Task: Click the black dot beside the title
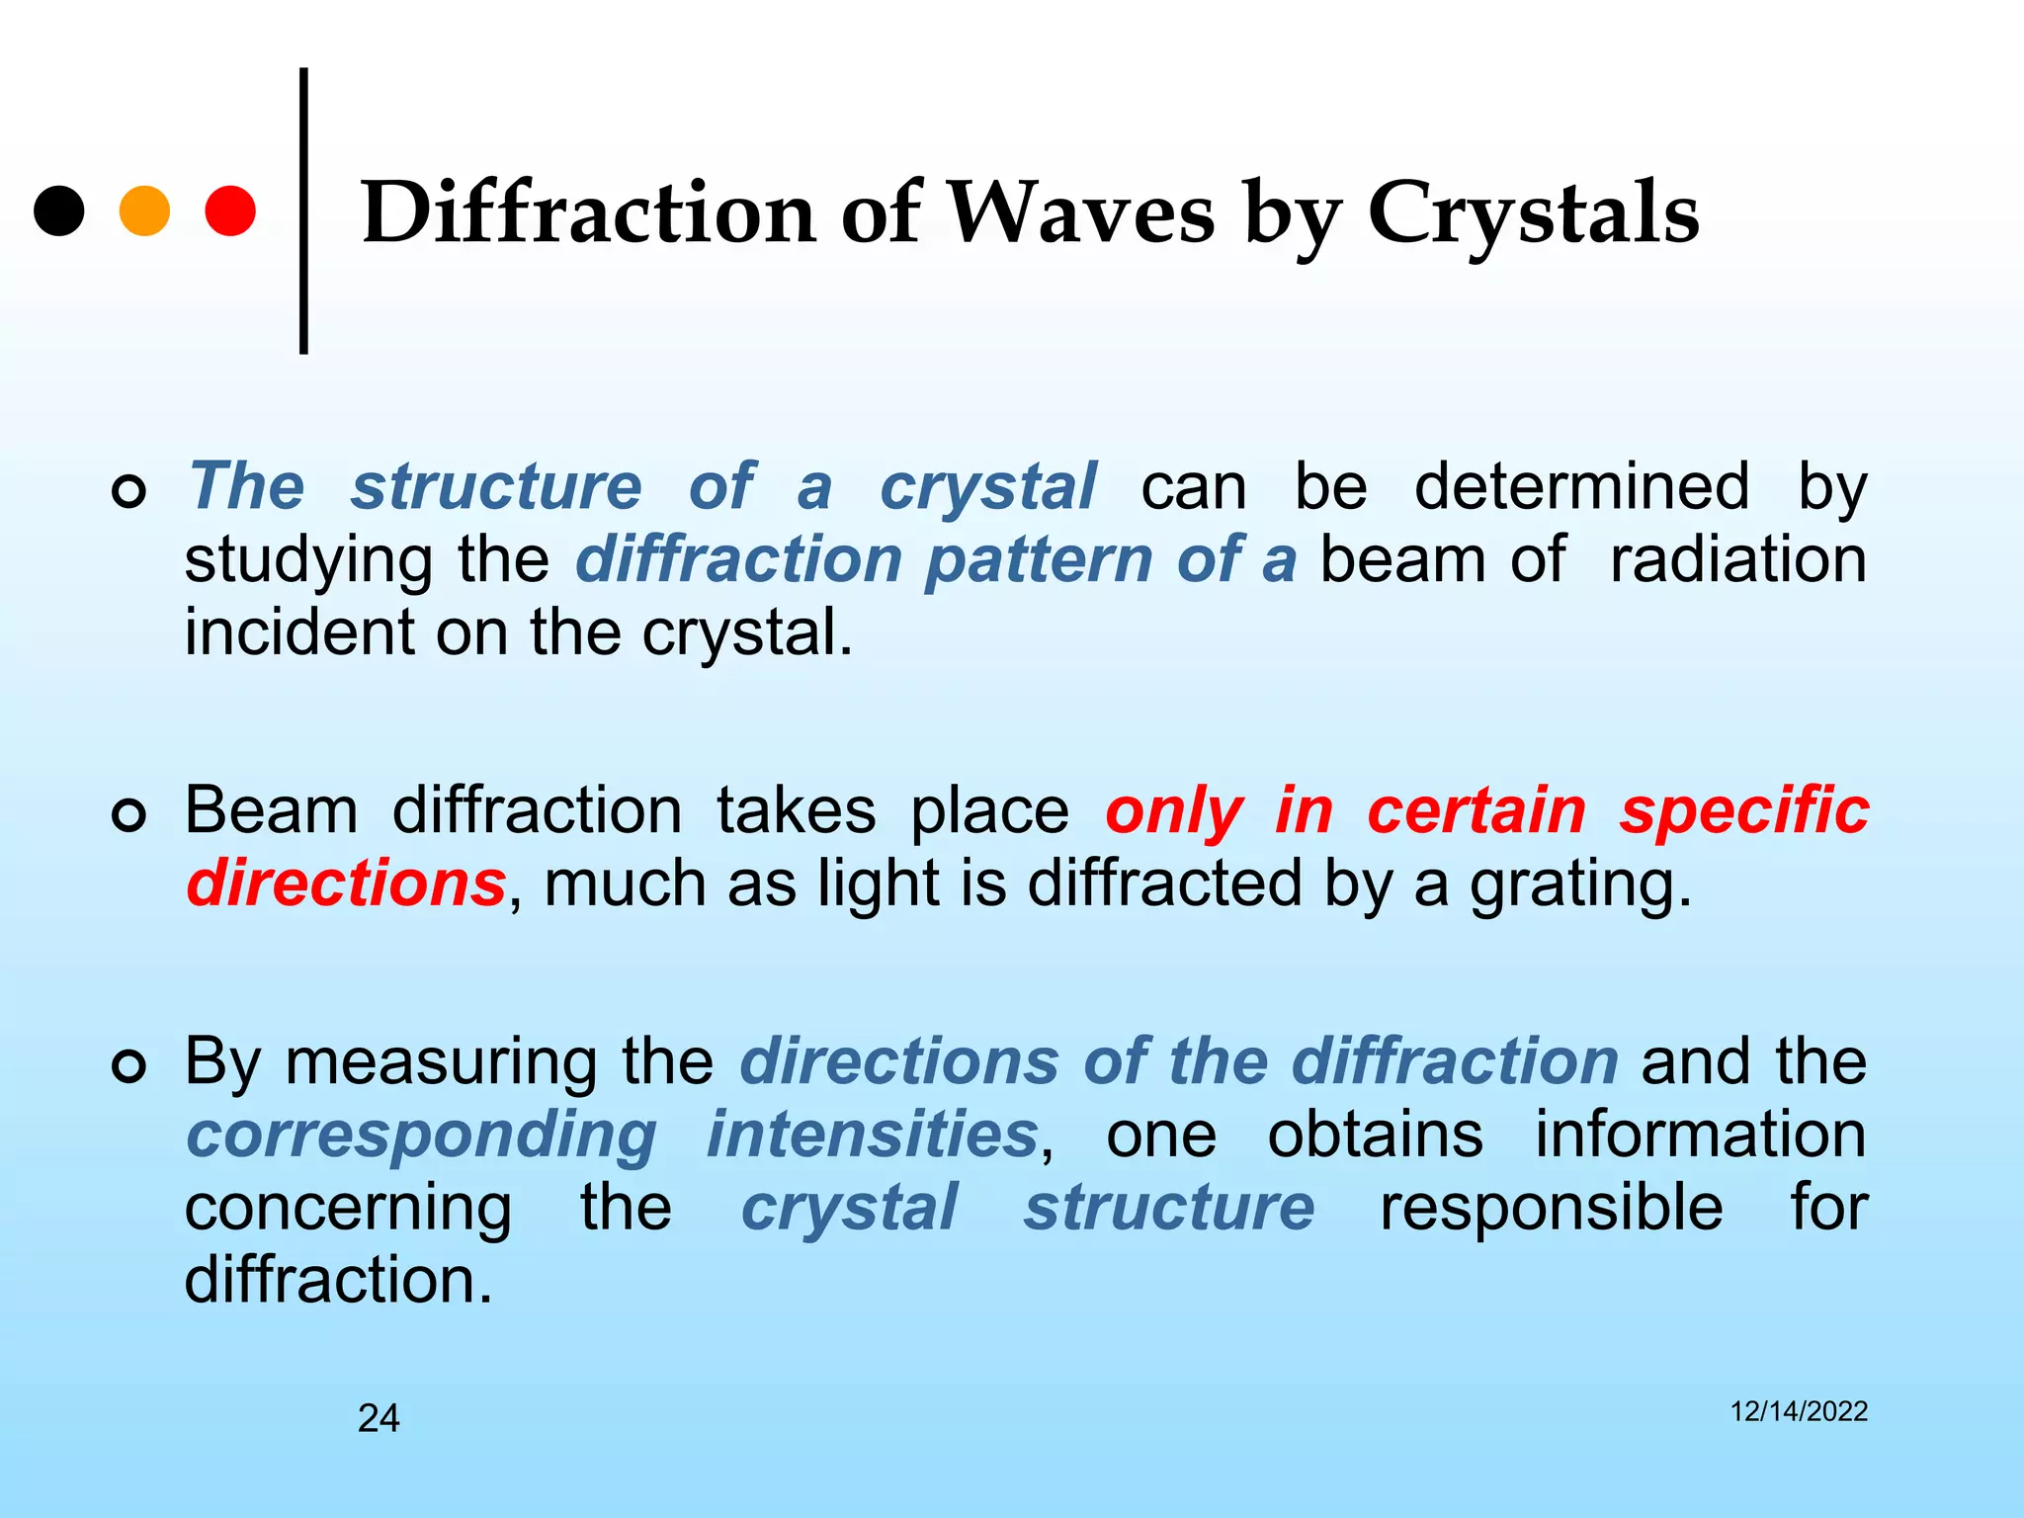59,211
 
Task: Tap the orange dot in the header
144,211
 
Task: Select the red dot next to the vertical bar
230,211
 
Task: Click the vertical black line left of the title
303,211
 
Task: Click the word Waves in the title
1080,213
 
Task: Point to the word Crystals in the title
1533,213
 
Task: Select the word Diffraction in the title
588,213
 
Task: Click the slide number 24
379,1418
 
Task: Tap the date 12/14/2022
1799,1411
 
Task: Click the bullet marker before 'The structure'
129,491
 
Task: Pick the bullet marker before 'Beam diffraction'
129,815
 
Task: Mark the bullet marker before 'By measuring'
129,1066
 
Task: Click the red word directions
346,883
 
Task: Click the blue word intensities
872,1134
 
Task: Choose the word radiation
1738,559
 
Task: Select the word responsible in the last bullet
1551,1207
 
